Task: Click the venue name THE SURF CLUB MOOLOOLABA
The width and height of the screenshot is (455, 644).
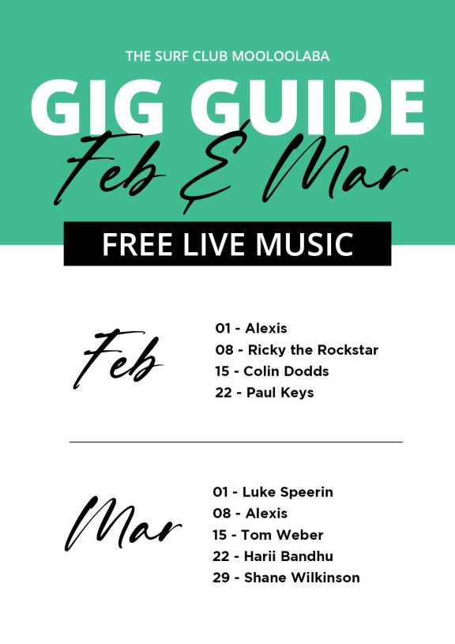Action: (227, 56)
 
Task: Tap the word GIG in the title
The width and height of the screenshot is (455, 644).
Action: (97, 107)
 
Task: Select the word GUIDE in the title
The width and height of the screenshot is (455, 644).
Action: (306, 107)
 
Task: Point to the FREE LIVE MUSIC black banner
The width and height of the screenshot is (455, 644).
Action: (227, 243)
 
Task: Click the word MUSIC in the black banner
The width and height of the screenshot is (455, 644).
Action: (304, 244)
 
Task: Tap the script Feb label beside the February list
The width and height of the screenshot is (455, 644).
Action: (118, 359)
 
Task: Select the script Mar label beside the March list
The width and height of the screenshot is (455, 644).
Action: (123, 524)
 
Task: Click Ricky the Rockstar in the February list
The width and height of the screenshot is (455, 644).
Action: (313, 350)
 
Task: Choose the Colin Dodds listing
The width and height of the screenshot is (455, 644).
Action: (286, 371)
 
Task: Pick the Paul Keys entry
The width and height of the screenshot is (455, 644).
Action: (280, 393)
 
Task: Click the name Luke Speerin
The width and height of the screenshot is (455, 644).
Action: (288, 492)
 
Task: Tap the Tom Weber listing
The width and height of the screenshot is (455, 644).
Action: (282, 535)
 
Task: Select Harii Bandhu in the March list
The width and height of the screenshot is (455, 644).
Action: (288, 556)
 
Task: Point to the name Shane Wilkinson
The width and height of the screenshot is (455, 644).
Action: (302, 578)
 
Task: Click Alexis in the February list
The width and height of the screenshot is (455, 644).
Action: (266, 328)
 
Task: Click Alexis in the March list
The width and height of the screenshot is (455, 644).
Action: (266, 514)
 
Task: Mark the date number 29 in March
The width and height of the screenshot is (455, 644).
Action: (221, 578)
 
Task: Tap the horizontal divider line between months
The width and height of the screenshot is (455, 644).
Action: (235, 443)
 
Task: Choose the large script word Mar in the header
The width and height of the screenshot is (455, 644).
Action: (335, 168)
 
